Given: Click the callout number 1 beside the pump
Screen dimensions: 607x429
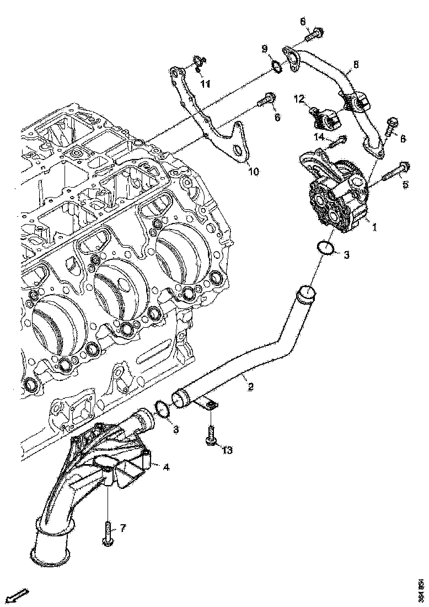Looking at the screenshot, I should pos(374,226).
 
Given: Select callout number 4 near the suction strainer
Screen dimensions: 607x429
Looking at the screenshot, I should pos(165,467).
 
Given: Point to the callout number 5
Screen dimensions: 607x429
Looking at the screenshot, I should pos(405,184).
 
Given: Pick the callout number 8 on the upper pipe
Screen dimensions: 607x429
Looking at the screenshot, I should pos(356,65).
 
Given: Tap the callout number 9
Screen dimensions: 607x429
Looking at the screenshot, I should pos(265,49).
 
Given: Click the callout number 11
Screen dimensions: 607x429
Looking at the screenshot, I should pos(205,84).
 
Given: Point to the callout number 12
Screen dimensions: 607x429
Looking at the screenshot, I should pos(299,99).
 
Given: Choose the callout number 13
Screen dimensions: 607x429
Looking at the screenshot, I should pos(227,450).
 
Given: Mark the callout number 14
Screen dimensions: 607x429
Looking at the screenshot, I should pos(320,137).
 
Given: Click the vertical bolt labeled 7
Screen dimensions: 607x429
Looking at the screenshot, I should pos(107,534).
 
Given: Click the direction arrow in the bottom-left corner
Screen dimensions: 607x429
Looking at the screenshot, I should pos(18,596).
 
